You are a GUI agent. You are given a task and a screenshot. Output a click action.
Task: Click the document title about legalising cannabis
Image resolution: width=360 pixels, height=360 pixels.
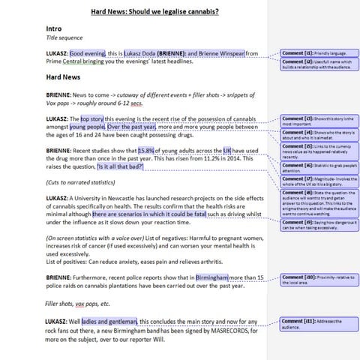click(x=154, y=12)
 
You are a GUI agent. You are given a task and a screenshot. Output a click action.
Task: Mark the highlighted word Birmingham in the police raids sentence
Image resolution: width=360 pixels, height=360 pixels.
click(x=214, y=277)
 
